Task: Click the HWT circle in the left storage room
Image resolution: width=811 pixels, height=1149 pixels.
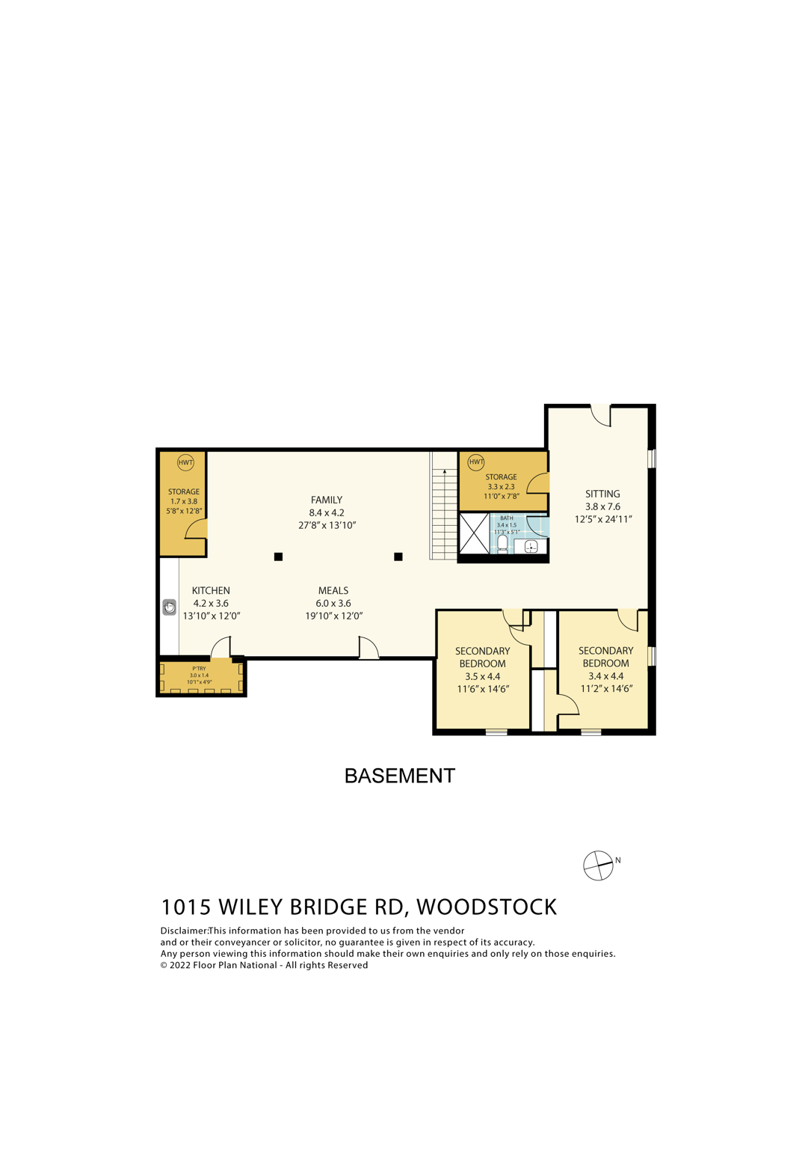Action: coord(185,462)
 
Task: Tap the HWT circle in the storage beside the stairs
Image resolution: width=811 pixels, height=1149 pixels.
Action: coord(476,462)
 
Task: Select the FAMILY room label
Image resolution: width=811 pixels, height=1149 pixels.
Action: coord(327,500)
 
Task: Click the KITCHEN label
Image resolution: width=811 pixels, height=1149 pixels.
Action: coord(211,590)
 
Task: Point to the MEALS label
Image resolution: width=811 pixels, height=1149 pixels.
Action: coord(333,590)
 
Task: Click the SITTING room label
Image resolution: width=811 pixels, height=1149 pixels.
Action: coord(602,494)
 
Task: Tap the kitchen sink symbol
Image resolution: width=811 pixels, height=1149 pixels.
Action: coord(170,607)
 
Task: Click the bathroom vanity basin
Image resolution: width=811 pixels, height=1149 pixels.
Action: coord(531,547)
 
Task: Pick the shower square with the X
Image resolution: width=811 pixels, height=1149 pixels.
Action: coord(474,533)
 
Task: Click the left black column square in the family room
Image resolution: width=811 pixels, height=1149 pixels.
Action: coord(278,557)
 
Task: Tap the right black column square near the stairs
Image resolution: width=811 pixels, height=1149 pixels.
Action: coord(398,557)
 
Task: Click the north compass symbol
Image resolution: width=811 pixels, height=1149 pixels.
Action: coord(598,865)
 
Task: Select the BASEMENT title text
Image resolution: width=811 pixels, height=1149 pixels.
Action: coord(399,776)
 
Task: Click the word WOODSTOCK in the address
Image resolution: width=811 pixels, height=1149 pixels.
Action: coord(487,907)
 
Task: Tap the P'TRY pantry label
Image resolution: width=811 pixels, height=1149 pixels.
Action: coord(199,668)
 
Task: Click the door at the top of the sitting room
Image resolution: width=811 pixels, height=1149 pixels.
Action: coord(601,414)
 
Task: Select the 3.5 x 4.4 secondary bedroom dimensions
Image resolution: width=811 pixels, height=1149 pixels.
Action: coord(482,676)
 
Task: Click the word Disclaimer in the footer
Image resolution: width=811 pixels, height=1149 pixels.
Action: coord(184,931)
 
